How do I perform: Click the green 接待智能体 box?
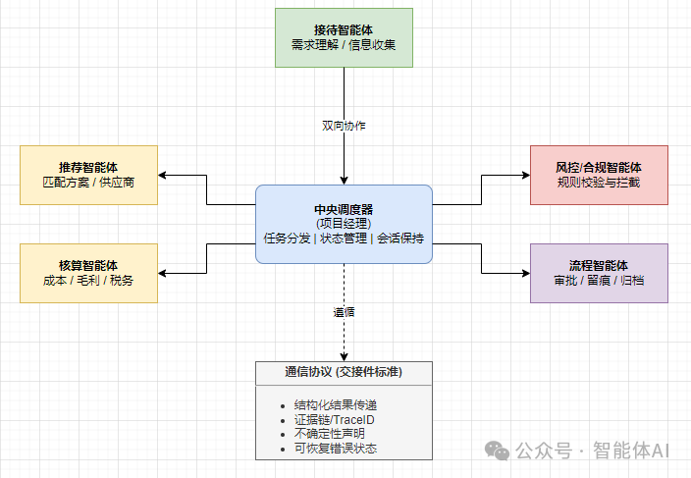[344, 37]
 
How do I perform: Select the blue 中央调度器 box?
[344, 224]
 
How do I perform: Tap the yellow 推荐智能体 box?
[88, 175]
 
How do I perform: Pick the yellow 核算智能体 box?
[88, 273]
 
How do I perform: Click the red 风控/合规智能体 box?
[599, 175]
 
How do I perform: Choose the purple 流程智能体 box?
[599, 273]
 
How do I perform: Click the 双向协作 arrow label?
[344, 126]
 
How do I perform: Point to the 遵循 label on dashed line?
[344, 313]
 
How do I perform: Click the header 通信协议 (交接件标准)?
[344, 372]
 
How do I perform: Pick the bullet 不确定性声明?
[329, 434]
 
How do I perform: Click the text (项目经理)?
[344, 224]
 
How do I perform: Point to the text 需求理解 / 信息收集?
[344, 45]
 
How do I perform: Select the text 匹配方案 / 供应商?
[88, 183]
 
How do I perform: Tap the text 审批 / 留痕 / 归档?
[599, 281]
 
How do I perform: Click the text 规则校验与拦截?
[599, 183]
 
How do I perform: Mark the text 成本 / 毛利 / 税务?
[88, 281]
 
